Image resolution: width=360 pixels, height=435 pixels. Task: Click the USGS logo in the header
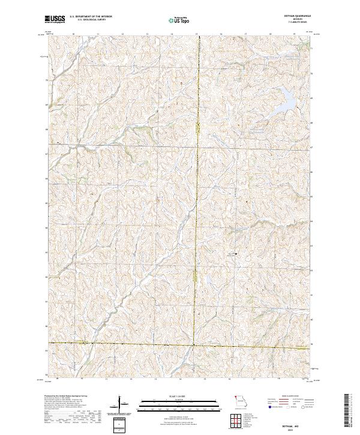point(55,20)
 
